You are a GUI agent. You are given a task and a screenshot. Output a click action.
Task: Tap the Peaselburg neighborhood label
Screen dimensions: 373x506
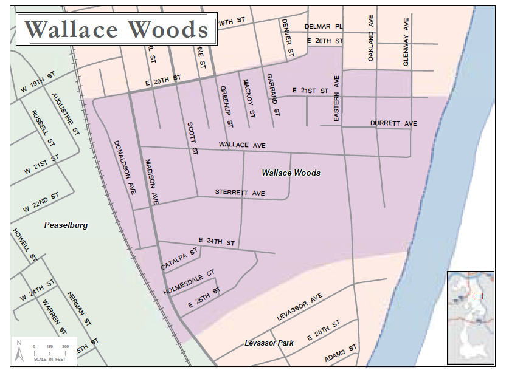click(66, 225)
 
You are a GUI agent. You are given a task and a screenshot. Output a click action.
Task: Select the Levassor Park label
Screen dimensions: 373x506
click(269, 343)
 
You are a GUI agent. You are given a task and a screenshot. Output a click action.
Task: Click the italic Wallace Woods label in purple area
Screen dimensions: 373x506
click(291, 173)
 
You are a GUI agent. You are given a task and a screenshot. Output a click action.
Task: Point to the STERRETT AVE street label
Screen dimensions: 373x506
click(240, 193)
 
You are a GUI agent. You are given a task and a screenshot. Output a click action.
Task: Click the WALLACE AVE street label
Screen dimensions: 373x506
click(243, 145)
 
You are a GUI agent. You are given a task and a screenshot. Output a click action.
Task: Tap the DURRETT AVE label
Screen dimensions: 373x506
click(393, 124)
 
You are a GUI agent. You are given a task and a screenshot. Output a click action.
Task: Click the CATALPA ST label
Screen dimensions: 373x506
click(179, 259)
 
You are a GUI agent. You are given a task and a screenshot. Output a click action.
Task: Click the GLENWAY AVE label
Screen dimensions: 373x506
click(406, 41)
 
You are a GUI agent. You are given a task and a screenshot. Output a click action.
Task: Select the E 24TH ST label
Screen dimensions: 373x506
click(216, 242)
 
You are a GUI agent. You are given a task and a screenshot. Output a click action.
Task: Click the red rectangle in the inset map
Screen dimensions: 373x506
click(478, 296)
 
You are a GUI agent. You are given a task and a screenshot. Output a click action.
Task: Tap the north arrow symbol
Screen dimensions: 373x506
click(19, 351)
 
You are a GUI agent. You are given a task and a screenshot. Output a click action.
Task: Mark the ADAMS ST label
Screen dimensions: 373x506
click(341, 355)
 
